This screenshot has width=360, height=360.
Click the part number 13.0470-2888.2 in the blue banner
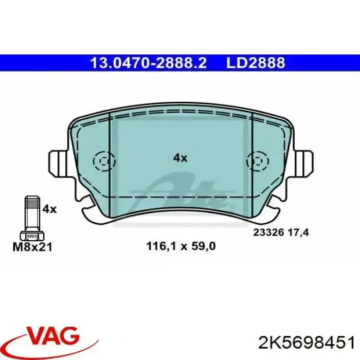(148, 63)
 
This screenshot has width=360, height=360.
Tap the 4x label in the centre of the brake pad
(180, 158)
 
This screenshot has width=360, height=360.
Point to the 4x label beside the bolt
(49, 209)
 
